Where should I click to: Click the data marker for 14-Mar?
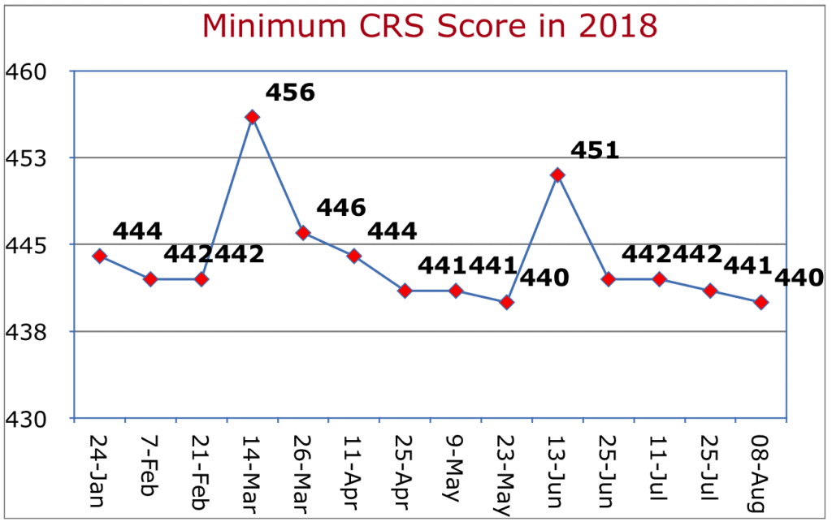click(252, 117)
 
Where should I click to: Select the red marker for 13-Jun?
click(557, 175)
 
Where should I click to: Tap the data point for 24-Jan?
click(99, 256)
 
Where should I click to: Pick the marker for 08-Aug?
click(761, 302)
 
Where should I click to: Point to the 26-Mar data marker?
click(303, 233)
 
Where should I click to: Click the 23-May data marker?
click(507, 302)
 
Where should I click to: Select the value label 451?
click(595, 150)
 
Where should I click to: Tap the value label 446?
click(340, 208)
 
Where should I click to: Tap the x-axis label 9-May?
click(455, 462)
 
